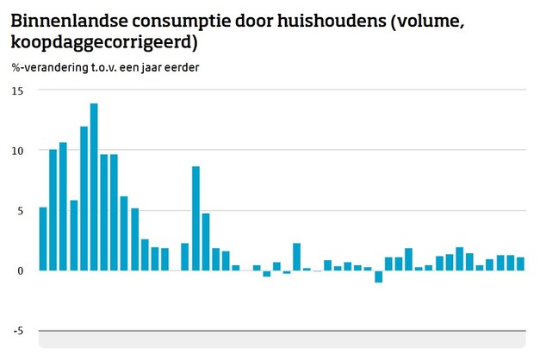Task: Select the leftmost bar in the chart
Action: click(43, 239)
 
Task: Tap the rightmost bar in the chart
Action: click(520, 264)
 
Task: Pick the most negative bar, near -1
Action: click(378, 276)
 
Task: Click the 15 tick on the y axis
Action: click(18, 90)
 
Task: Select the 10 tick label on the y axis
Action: click(18, 151)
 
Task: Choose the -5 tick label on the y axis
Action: click(18, 330)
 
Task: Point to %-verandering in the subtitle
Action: click(47, 68)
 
